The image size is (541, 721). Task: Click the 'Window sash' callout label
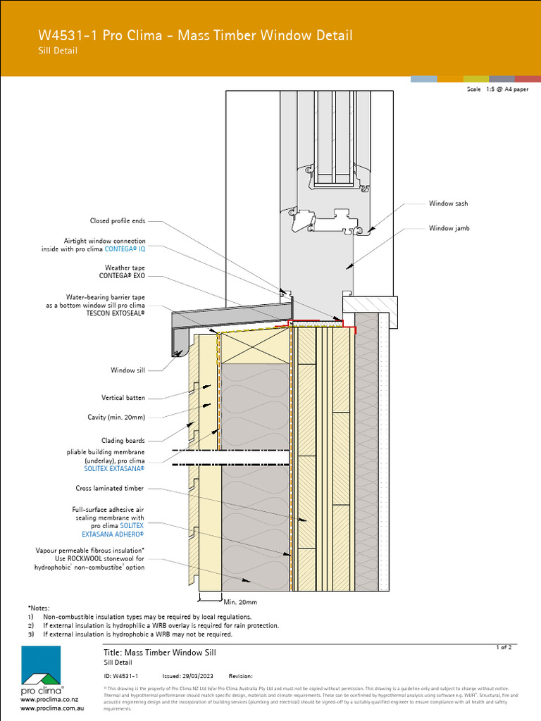(x=448, y=203)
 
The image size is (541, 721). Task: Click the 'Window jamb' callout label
(x=449, y=228)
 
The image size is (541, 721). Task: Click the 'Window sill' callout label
(x=128, y=370)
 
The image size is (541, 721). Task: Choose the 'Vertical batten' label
(x=123, y=398)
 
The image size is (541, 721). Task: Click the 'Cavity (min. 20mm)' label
(x=116, y=417)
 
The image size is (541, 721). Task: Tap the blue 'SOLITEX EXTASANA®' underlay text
(x=114, y=468)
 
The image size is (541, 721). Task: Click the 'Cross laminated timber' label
(x=109, y=488)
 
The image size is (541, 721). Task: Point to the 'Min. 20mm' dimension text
(x=240, y=602)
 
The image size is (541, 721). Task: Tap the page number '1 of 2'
(x=504, y=646)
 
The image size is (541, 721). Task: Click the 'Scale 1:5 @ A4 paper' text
(x=497, y=89)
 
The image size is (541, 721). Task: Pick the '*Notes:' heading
(x=39, y=607)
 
